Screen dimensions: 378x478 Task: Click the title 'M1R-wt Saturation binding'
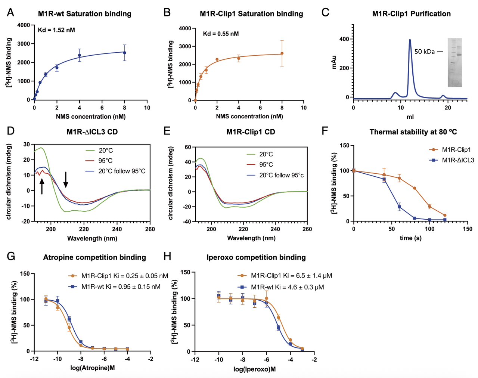[x=85, y=14]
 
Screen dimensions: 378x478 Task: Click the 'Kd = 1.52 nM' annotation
[x=56, y=30]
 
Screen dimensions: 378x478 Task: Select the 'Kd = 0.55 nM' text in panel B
[x=221, y=34]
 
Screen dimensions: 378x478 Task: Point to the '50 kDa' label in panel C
[x=425, y=52]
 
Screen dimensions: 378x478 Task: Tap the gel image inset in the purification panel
[x=455, y=62]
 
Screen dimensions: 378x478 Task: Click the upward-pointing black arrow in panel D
[x=42, y=186]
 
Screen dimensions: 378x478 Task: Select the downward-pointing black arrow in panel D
[x=66, y=180]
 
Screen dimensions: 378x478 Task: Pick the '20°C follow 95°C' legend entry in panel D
[x=122, y=171]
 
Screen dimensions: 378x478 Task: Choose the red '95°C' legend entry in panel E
[x=266, y=165]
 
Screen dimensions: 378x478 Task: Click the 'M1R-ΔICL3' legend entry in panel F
[x=458, y=160]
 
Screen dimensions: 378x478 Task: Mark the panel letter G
[x=11, y=256]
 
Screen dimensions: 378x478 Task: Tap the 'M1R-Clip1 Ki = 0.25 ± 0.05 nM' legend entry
[x=125, y=276]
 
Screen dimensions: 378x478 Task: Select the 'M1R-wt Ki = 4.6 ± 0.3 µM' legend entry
[x=287, y=287]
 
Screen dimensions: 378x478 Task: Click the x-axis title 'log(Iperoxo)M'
[x=255, y=369]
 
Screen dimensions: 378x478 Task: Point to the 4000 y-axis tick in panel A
[x=24, y=25]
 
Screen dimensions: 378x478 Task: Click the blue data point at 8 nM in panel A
[x=125, y=53]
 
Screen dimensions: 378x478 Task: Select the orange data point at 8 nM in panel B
[x=282, y=53]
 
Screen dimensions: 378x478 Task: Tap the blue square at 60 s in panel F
[x=399, y=207]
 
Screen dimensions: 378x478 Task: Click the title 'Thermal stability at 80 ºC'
[x=413, y=132]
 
